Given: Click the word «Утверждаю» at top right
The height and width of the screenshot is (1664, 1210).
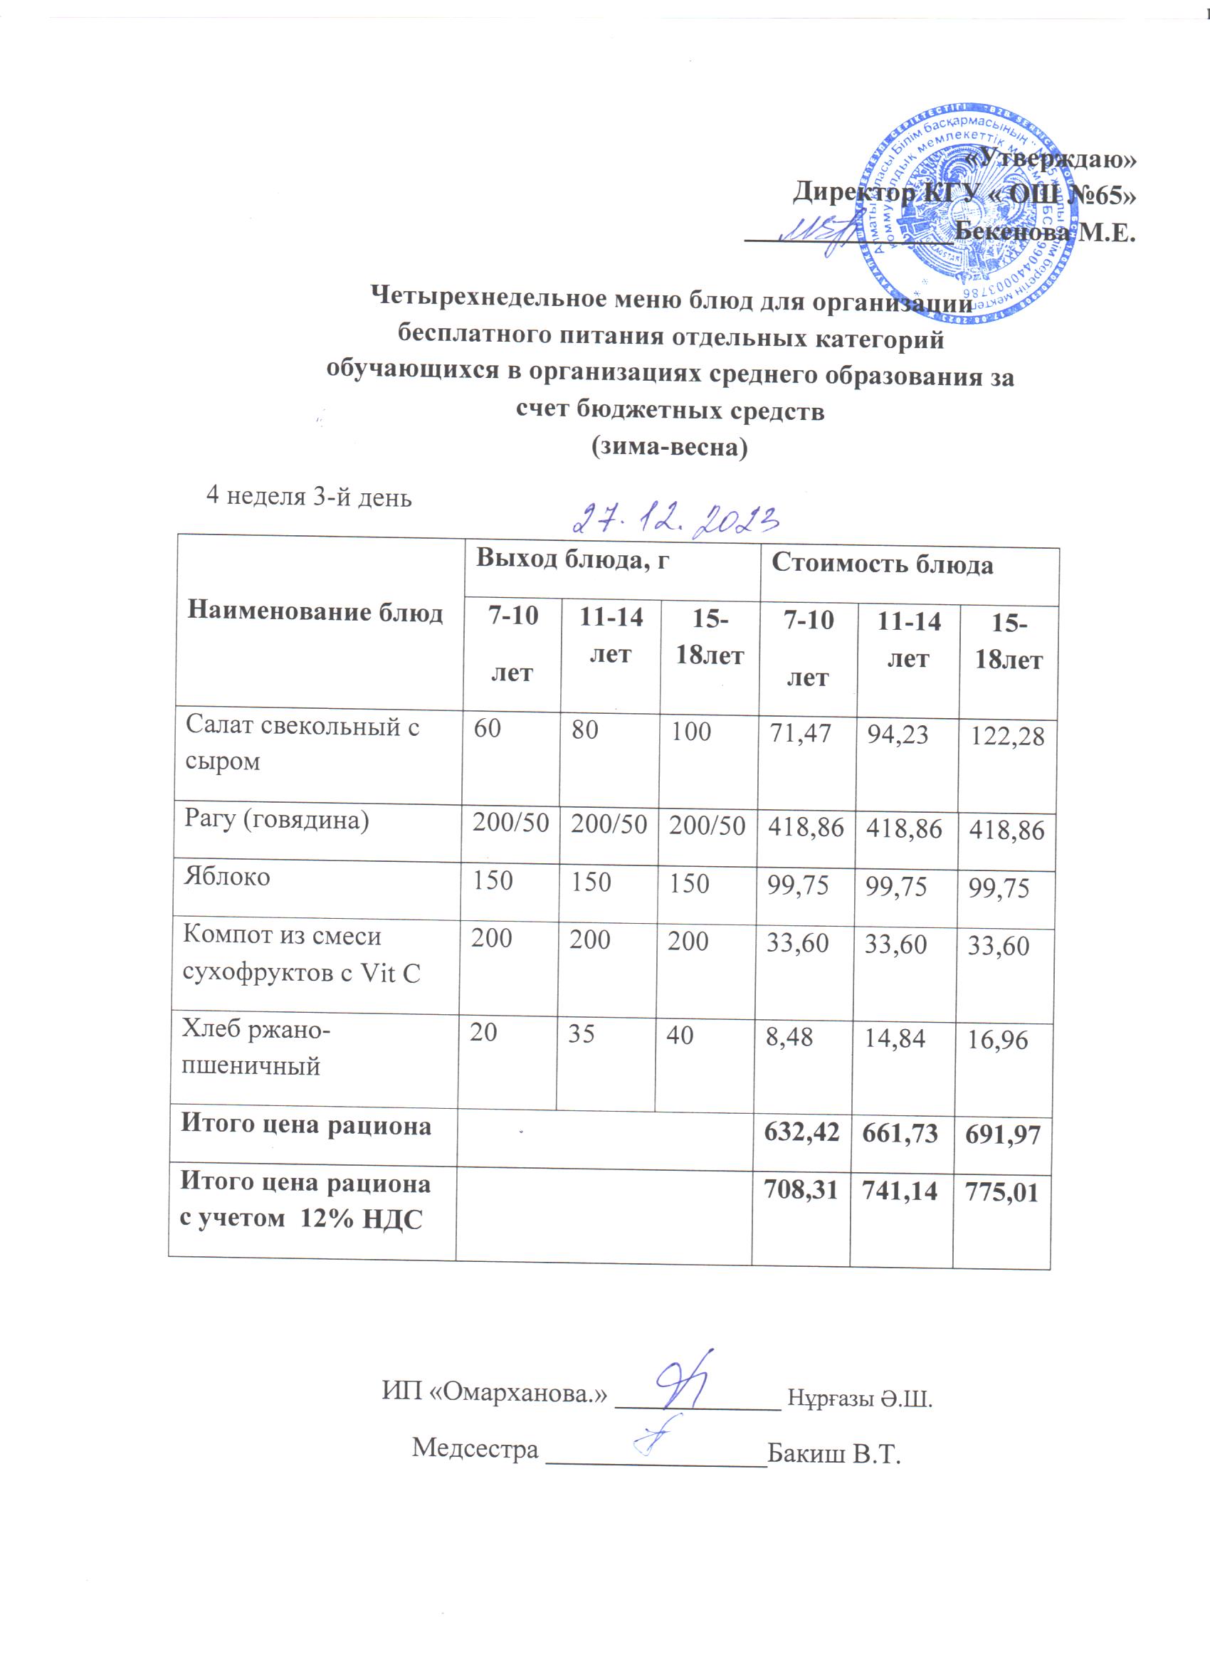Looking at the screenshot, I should (1051, 159).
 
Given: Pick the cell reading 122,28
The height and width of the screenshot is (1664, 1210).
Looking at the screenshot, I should (1006, 736).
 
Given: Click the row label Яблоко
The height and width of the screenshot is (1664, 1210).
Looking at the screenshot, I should (228, 877).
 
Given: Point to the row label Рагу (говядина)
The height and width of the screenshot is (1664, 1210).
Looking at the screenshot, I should (277, 819).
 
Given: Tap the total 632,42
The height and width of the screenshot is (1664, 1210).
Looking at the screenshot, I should (801, 1132).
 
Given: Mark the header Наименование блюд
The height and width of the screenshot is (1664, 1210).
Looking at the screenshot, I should (315, 611).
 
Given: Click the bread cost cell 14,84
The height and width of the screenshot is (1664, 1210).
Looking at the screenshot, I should (895, 1038).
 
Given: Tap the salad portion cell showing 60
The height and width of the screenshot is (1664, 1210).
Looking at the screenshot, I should (488, 729).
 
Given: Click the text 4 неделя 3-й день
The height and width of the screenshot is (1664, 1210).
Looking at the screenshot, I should (309, 497).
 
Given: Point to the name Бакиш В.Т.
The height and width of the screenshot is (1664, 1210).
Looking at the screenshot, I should (833, 1453).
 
